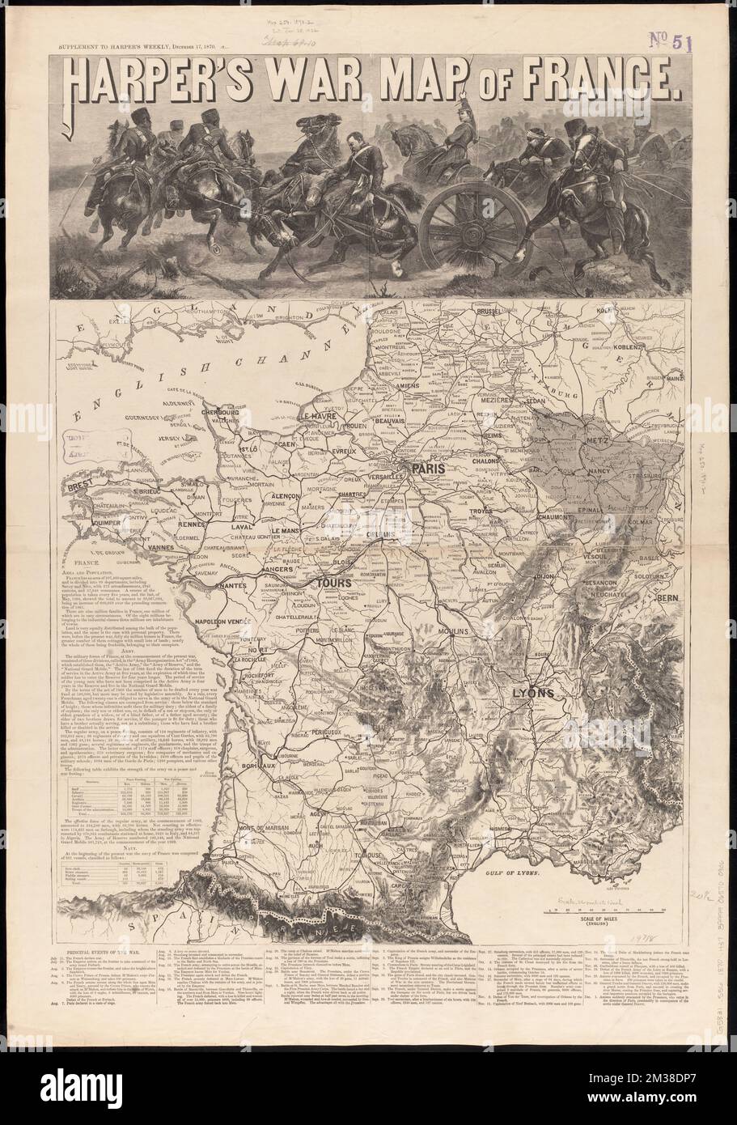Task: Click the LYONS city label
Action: point(532,694)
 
